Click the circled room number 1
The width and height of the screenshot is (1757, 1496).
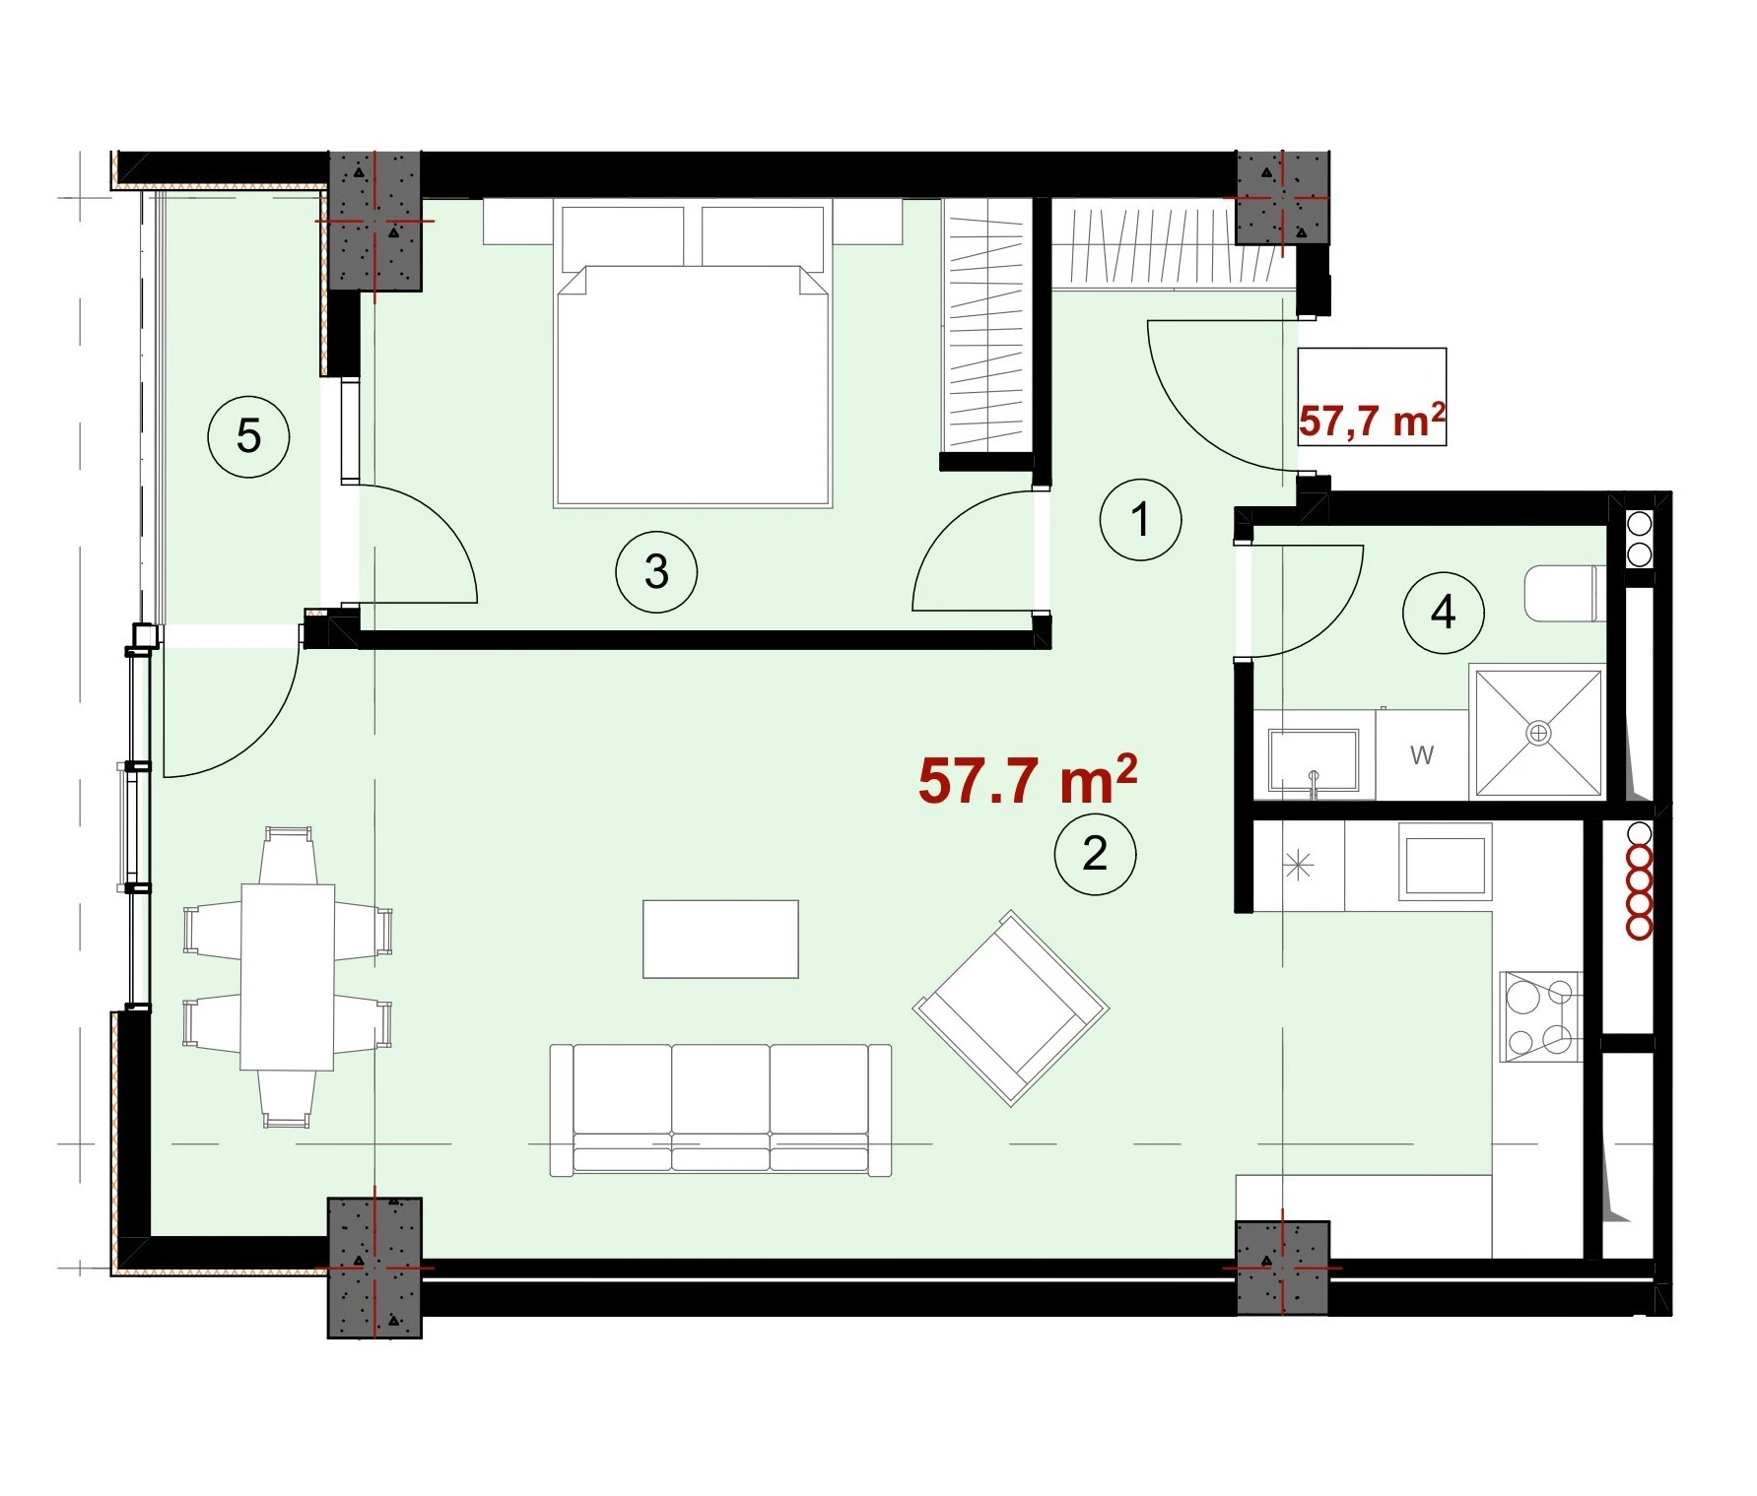pyautogui.click(x=1140, y=519)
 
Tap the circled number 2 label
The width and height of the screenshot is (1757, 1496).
pyautogui.click(x=1095, y=854)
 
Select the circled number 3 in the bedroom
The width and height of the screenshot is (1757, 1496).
pyautogui.click(x=656, y=571)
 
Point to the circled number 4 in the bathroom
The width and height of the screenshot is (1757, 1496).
pyautogui.click(x=1443, y=613)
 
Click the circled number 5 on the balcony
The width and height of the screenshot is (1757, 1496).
pyautogui.click(x=248, y=436)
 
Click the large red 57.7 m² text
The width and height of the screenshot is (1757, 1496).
pyautogui.click(x=1028, y=780)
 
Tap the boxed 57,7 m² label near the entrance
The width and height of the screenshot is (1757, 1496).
pyautogui.click(x=1372, y=421)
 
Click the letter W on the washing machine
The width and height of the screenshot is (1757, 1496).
pyautogui.click(x=1422, y=755)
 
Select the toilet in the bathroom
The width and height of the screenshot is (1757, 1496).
pyautogui.click(x=1565, y=593)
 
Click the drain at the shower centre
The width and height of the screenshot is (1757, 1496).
pyautogui.click(x=1538, y=733)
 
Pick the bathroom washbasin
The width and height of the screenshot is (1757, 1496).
pyautogui.click(x=1314, y=759)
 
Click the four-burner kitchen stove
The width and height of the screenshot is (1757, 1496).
pyautogui.click(x=1540, y=1016)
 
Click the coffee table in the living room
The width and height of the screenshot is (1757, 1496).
pyautogui.click(x=720, y=939)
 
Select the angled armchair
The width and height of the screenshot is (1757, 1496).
pyautogui.click(x=1011, y=1008)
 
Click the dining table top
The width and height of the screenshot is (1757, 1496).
pyautogui.click(x=288, y=976)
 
